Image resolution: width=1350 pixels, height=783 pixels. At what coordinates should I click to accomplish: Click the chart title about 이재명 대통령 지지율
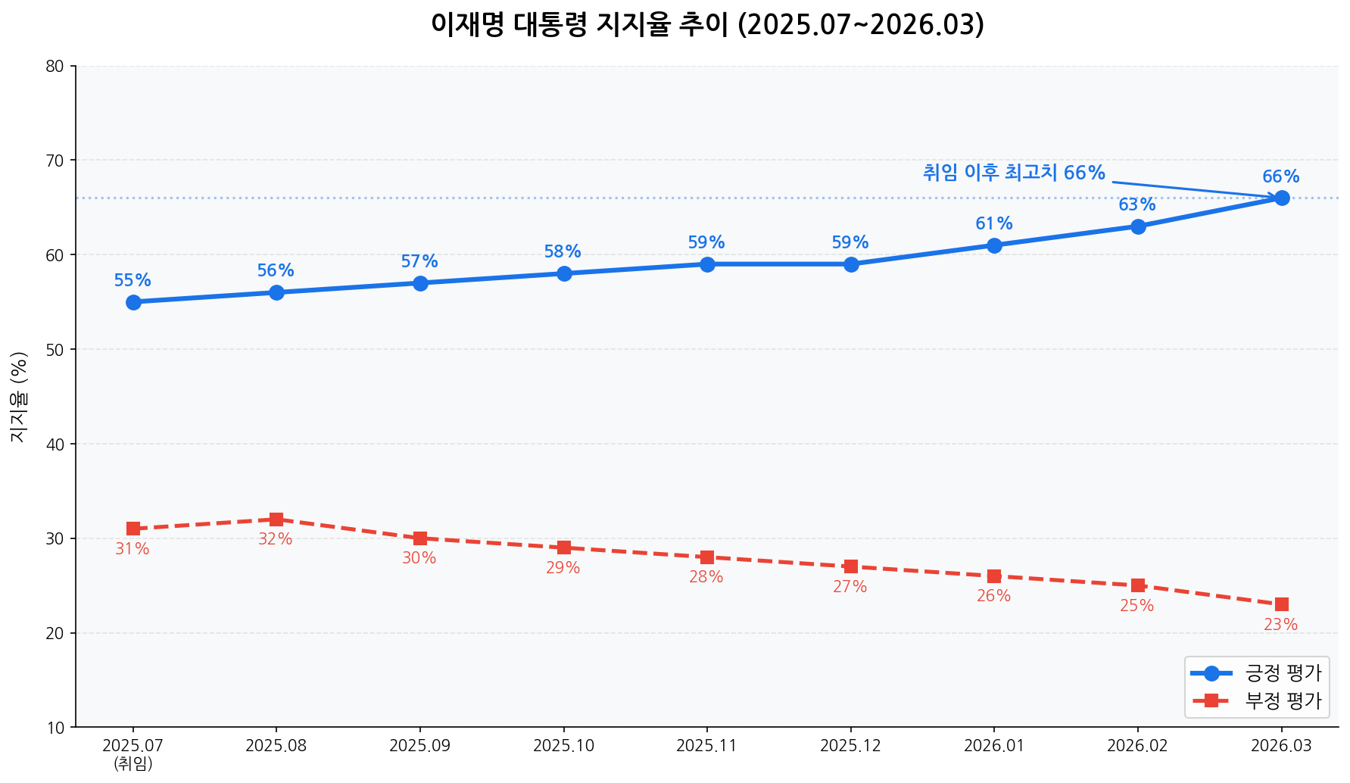point(707,25)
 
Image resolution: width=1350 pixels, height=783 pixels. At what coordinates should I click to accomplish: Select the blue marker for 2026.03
point(1281,198)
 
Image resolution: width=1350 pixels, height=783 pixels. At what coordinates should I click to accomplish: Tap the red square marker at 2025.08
point(276,519)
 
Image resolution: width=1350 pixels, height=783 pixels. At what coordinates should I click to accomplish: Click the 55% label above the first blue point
point(133,280)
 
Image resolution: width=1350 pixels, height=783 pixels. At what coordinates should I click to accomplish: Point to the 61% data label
point(993,223)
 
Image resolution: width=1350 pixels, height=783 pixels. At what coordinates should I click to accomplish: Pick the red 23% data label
point(1280,625)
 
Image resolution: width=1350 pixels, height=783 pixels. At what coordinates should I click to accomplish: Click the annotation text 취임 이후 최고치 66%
point(1014,173)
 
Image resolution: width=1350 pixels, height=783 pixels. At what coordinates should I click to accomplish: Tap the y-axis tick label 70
point(55,161)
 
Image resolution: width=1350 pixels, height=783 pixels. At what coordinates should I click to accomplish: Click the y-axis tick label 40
point(55,444)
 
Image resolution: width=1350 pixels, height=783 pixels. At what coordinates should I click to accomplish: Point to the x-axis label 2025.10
point(563,746)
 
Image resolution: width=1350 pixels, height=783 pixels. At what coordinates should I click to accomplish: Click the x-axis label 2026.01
point(993,746)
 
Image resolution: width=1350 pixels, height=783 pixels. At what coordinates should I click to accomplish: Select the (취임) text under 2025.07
point(133,763)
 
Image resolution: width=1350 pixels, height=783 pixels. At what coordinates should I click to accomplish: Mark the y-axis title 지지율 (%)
point(19,396)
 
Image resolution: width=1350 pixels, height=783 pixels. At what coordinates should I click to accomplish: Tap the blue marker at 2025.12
point(851,264)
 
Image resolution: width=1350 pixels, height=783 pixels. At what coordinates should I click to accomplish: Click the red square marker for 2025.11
point(707,557)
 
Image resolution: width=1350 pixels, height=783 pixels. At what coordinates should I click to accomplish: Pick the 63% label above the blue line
point(1136,204)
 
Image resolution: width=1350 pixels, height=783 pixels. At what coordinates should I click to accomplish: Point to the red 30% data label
point(419,558)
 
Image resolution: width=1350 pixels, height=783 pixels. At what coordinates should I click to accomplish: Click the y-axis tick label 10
point(55,728)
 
